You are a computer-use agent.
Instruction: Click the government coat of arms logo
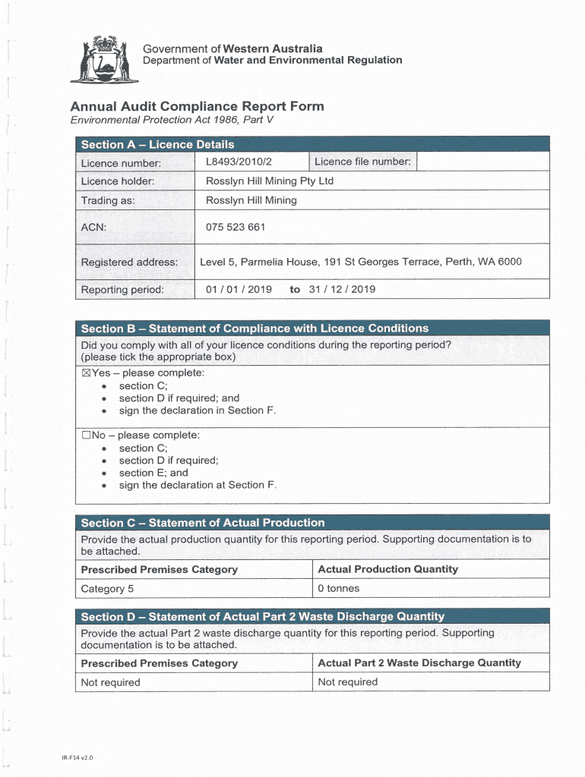(104, 59)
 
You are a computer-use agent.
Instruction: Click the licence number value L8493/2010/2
(239, 162)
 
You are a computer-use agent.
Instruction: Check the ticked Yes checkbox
(86, 373)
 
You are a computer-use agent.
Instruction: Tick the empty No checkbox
(86, 436)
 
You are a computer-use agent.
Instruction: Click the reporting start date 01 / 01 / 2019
(239, 289)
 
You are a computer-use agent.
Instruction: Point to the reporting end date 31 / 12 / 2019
(342, 289)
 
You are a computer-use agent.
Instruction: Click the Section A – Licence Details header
(157, 144)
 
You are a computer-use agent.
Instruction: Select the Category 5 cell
(107, 589)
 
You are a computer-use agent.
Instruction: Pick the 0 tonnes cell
(339, 589)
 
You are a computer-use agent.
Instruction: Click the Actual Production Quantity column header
(387, 569)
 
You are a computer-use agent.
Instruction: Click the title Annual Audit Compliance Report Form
(197, 106)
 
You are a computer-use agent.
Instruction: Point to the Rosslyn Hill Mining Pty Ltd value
(270, 181)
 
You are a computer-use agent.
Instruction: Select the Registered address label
(129, 263)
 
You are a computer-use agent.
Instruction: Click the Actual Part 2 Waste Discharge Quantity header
(419, 663)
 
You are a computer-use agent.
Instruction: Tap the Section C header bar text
(203, 523)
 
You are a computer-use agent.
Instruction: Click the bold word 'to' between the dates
(295, 289)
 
